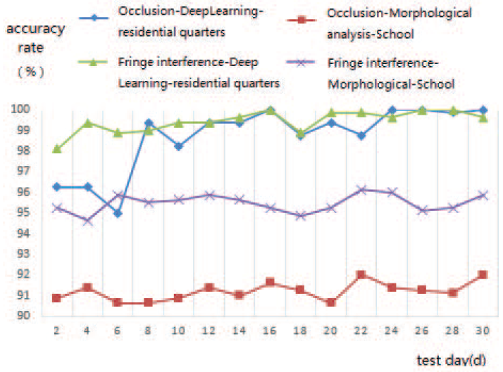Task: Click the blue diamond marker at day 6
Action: coord(118,213)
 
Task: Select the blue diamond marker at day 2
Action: coord(56,186)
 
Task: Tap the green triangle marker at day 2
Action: coord(56,148)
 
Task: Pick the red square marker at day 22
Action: coord(361,274)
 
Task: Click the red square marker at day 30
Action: coord(483,274)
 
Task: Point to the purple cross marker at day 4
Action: coord(87,221)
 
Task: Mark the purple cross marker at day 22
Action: coord(361,189)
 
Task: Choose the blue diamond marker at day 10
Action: coord(178,146)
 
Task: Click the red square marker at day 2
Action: coord(56,298)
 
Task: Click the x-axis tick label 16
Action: coord(270,330)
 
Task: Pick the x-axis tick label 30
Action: coord(483,330)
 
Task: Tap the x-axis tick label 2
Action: coord(56,330)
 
